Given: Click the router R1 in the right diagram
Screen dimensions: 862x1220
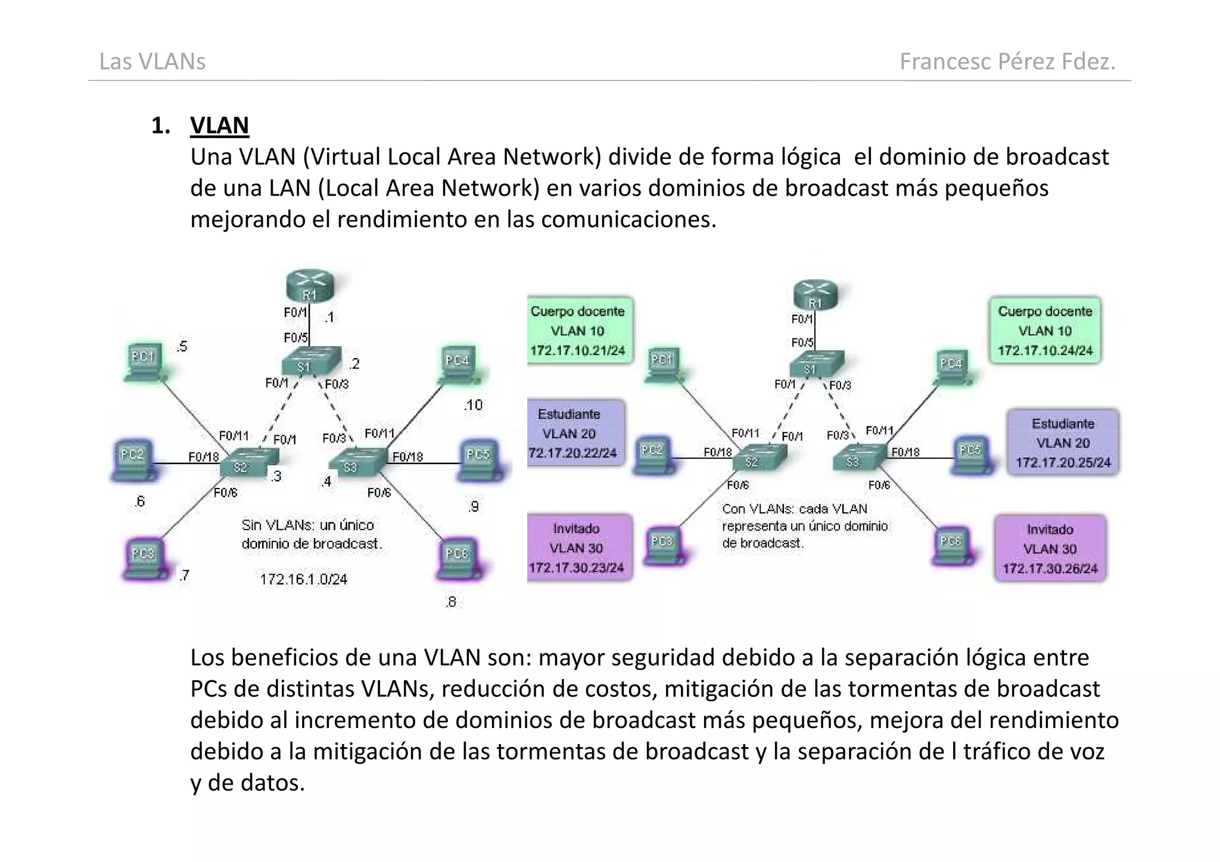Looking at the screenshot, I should pyautogui.click(x=816, y=295).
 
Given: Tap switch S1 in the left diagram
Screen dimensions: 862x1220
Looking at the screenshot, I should pyautogui.click(x=310, y=361).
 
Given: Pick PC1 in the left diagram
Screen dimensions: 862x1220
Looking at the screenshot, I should pyautogui.click(x=144, y=361).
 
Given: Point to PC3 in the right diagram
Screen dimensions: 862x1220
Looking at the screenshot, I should pyautogui.click(x=662, y=545).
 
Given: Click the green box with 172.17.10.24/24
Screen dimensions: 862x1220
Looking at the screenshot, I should pyautogui.click(x=1045, y=331).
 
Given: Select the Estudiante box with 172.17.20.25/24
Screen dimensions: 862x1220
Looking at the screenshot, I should pyautogui.click(x=1063, y=443).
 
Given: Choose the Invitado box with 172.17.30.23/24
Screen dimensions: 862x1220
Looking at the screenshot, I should pyautogui.click(x=577, y=547).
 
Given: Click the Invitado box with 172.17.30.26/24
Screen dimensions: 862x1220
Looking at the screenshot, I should pyautogui.click(x=1050, y=549).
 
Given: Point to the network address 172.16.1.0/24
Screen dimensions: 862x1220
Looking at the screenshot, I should pyautogui.click(x=304, y=579).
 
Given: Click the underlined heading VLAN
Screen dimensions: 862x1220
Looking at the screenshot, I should pyautogui.click(x=219, y=126).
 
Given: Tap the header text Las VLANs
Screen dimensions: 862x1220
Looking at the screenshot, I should pyautogui.click(x=152, y=61).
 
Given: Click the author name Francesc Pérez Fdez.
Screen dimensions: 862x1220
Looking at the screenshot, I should pyautogui.click(x=1007, y=61).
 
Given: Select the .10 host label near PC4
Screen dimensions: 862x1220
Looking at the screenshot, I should pyautogui.click(x=473, y=405).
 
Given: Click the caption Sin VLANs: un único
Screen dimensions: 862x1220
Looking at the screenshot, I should pyautogui.click(x=308, y=525).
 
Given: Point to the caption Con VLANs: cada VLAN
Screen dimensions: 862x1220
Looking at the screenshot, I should pyautogui.click(x=795, y=509).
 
